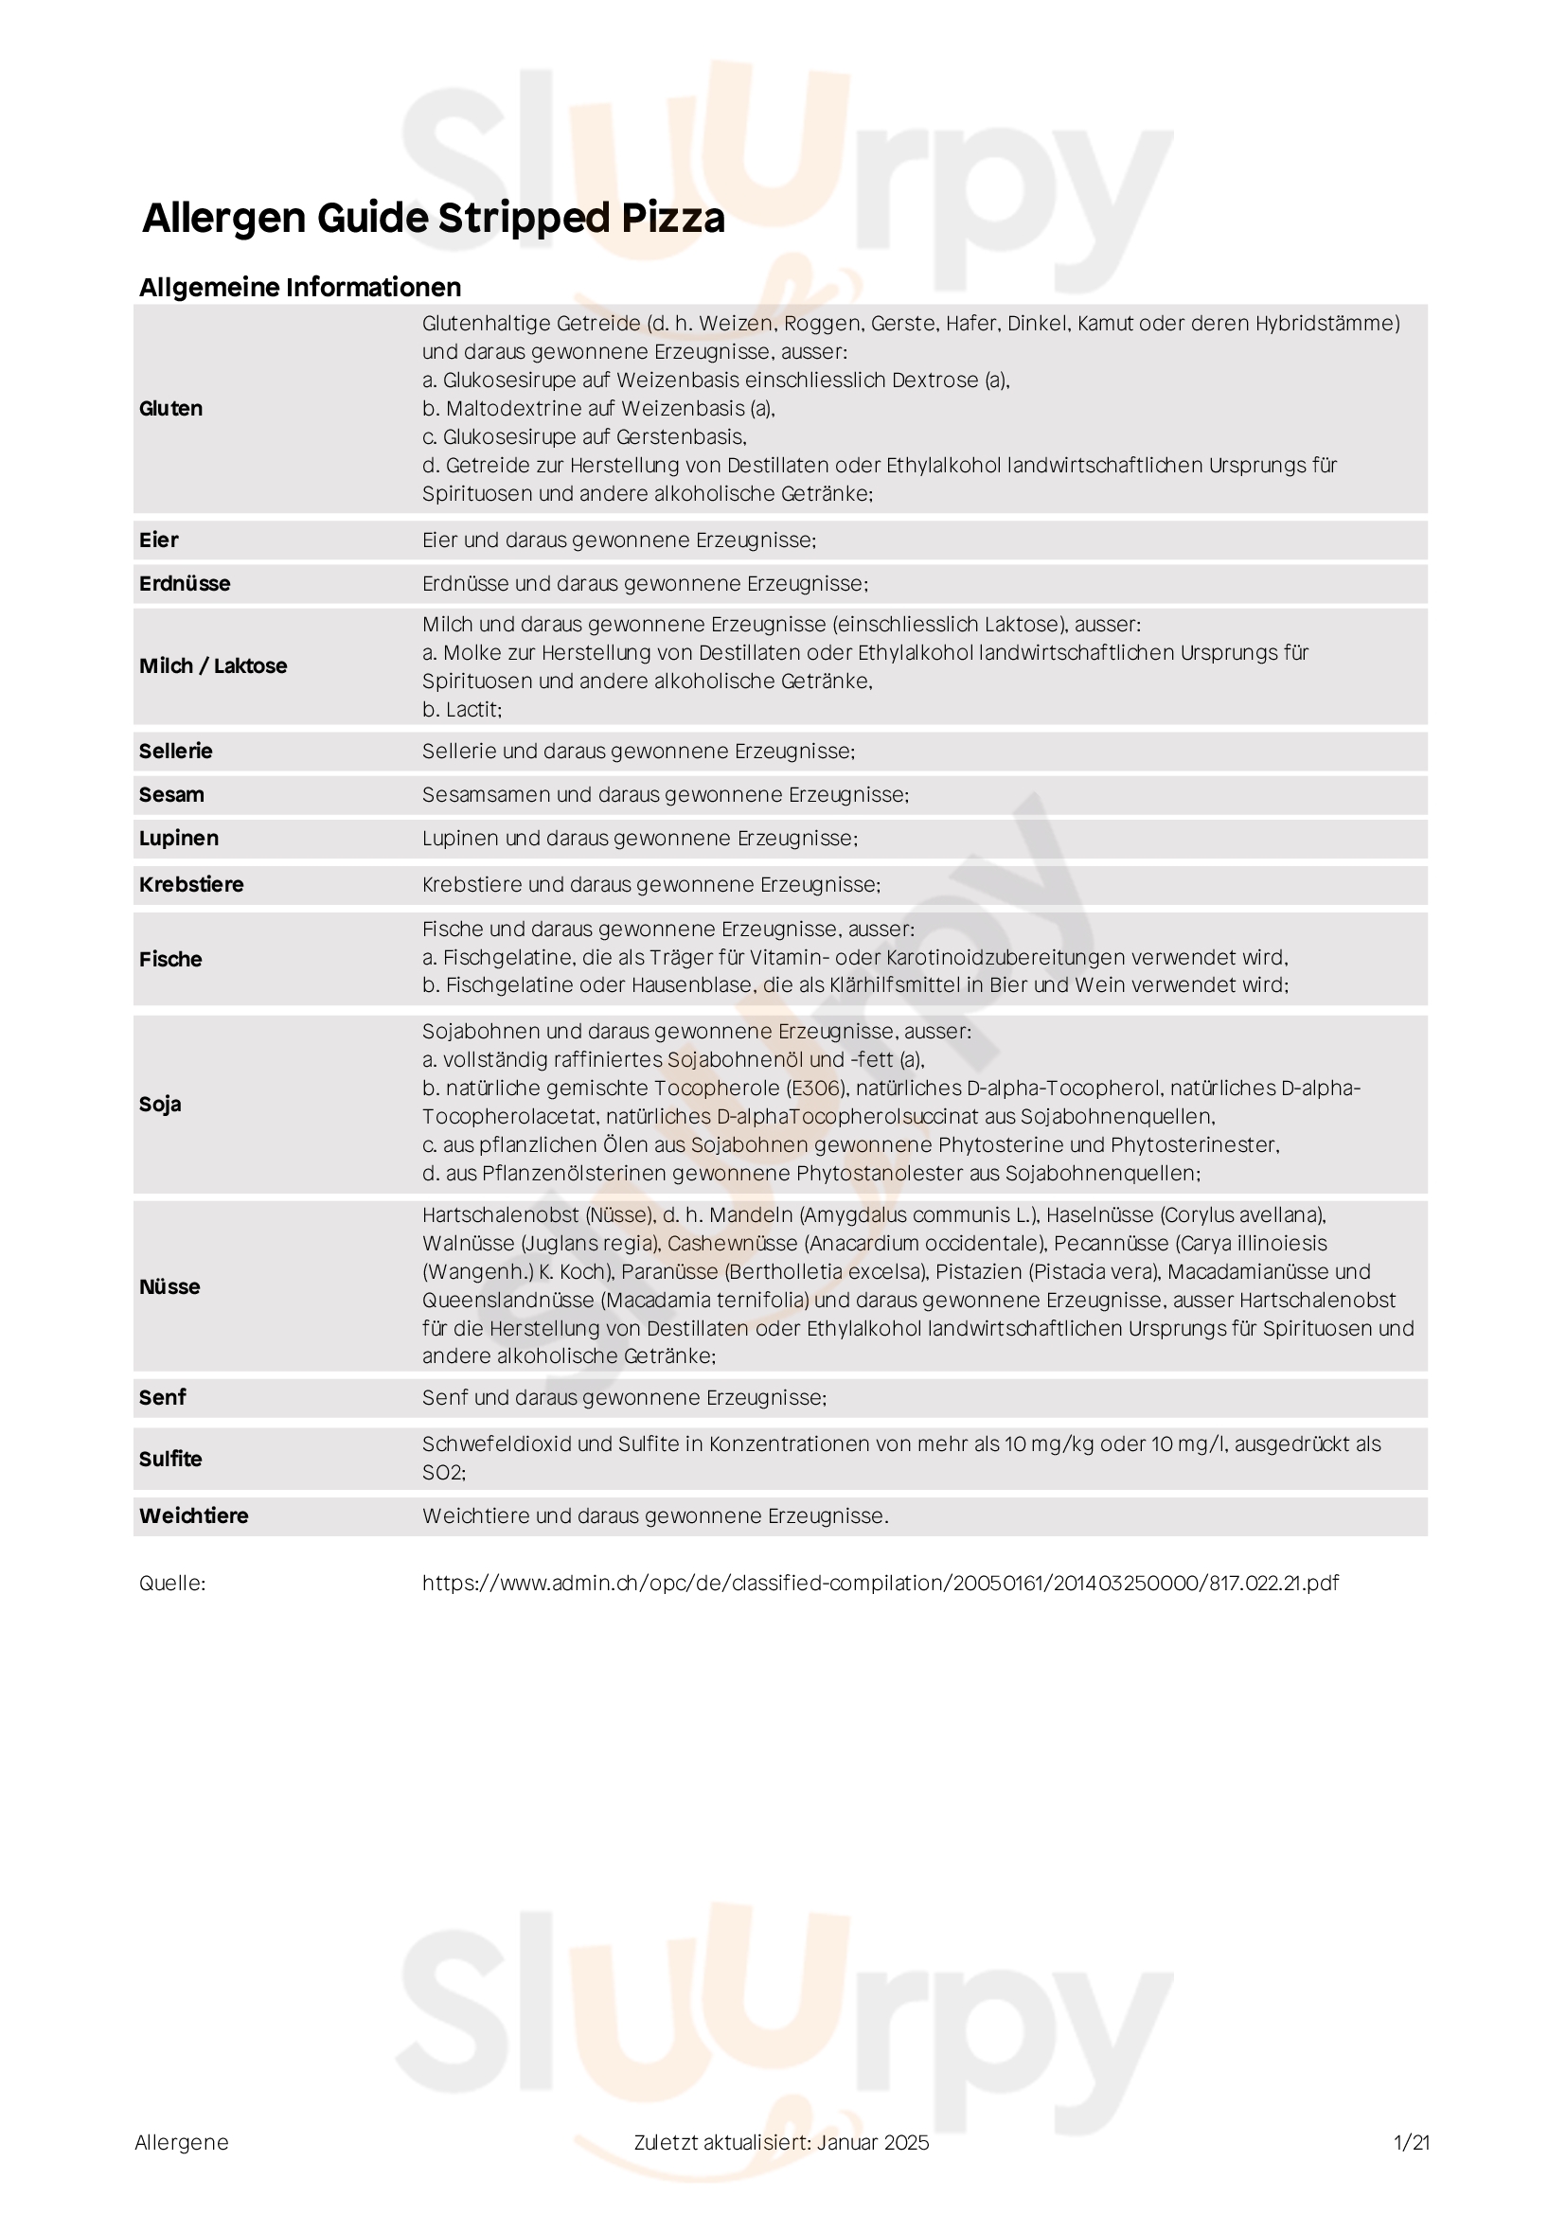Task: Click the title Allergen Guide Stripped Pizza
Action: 433,218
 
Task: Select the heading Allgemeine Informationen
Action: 300,288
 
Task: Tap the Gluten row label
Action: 170,409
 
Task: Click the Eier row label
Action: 158,540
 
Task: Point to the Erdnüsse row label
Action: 185,583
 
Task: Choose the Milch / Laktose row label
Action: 213,666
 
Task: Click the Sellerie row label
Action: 175,752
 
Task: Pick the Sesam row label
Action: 171,794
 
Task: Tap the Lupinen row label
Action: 178,838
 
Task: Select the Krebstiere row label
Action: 191,884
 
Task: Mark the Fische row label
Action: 170,960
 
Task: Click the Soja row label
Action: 160,1104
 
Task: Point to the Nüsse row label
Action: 169,1286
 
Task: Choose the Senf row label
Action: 162,1397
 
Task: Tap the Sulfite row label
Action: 170,1459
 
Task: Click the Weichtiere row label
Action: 194,1515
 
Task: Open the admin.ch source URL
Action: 881,1584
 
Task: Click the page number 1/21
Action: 1412,2143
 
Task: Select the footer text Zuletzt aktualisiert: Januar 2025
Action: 781,2143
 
